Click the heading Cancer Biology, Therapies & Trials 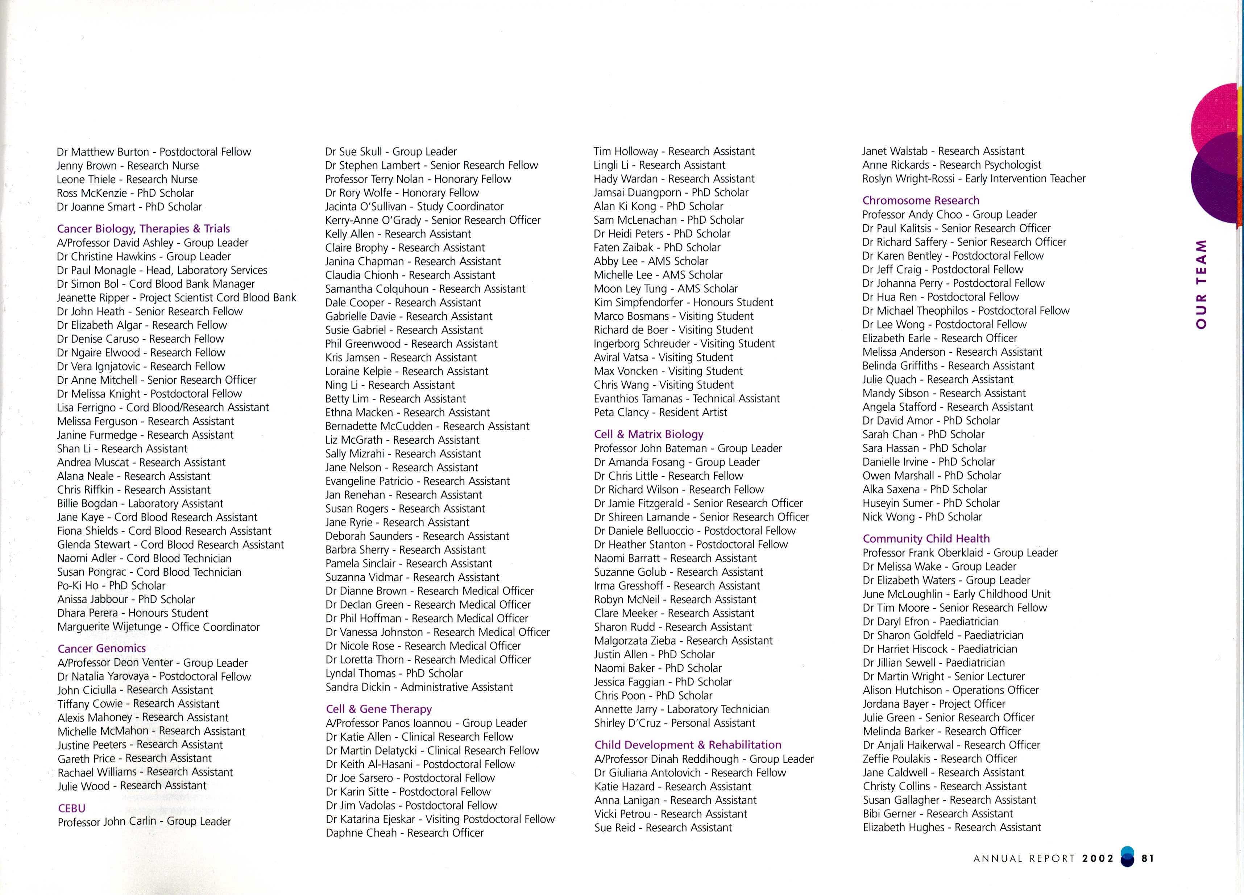click(x=143, y=229)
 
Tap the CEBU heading click(x=71, y=808)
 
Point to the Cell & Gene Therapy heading click(x=378, y=709)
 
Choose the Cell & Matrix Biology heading click(x=648, y=434)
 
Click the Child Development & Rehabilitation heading click(x=688, y=745)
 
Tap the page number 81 click(x=1148, y=858)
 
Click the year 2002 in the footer click(x=1098, y=858)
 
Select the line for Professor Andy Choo click(x=949, y=215)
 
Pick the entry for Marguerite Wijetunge click(x=158, y=627)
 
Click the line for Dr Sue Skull click(x=390, y=152)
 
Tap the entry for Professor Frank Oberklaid click(x=960, y=553)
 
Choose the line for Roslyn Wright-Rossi click(x=974, y=179)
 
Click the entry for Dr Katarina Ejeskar click(x=440, y=819)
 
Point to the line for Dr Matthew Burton click(x=154, y=152)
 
